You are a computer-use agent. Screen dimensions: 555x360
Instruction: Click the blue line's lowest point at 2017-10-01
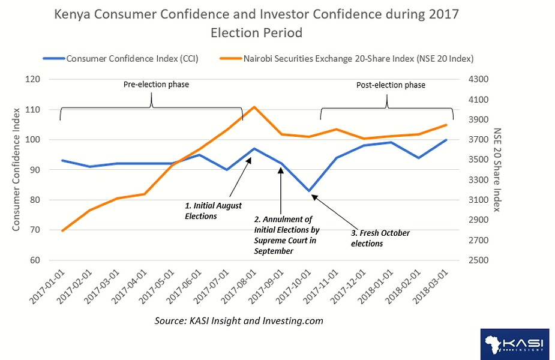309,191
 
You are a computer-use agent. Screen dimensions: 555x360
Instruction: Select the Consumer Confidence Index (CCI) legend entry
121,58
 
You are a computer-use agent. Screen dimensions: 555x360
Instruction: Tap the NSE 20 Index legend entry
347,58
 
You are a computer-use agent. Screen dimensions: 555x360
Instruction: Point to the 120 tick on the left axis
32,79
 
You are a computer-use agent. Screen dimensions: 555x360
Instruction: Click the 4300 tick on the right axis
478,79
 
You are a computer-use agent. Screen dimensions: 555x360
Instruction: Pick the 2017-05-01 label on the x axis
157,287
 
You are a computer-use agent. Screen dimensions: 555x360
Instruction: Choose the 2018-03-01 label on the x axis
431,287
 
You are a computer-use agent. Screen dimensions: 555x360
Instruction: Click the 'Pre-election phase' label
156,85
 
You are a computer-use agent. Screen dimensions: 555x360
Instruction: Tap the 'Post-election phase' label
391,85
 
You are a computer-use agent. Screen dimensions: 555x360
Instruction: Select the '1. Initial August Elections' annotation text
213,211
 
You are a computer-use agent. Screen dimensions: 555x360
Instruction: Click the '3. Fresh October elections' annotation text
380,238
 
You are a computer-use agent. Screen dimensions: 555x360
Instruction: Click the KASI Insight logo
515,344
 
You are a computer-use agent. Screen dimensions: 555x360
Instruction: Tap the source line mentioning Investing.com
239,321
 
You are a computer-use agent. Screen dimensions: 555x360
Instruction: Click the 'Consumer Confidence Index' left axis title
16,170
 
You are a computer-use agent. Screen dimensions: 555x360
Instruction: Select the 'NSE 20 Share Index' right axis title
497,170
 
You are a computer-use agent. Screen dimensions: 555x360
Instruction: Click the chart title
256,23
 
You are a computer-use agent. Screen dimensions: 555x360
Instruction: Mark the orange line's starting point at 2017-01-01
62,231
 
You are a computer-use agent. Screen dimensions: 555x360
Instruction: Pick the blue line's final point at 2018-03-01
446,140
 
